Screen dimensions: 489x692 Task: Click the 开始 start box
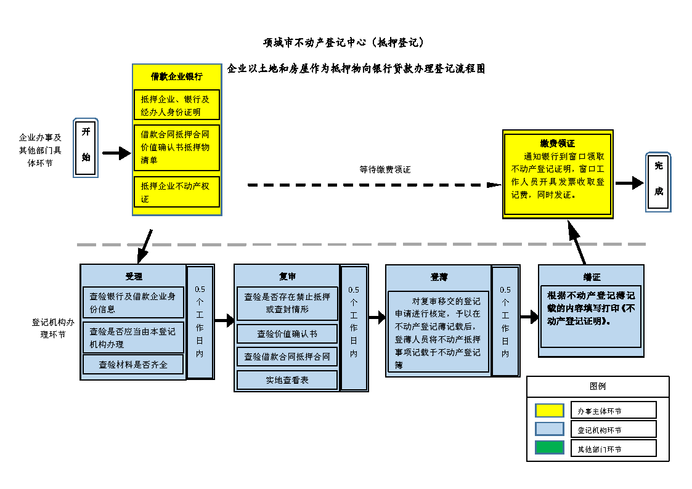pos(86,148)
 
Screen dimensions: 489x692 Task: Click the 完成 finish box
pos(658,182)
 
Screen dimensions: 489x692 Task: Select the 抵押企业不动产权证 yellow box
pos(177,192)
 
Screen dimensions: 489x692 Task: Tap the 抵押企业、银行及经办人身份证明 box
pos(177,105)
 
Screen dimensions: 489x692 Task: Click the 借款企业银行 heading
pos(177,77)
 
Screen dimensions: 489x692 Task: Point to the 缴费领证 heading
pos(558,143)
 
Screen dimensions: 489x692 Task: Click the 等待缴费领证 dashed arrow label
pos(385,169)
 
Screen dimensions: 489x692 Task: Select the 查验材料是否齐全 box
pos(133,364)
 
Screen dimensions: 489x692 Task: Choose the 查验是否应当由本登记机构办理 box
pos(133,337)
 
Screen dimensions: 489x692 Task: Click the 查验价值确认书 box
pos(287,334)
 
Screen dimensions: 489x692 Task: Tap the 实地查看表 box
pos(287,380)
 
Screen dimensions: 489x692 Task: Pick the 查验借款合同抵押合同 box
pos(287,357)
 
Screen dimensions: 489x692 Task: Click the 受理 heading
pos(134,277)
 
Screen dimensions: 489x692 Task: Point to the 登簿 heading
pos(439,277)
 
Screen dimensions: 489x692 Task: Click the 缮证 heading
pos(592,277)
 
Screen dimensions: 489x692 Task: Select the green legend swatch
pos(549,448)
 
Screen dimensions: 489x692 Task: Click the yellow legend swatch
pos(549,410)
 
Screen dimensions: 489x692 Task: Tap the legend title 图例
pos(598,386)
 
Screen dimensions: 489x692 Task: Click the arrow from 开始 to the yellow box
pos(116,153)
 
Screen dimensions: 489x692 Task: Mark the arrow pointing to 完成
pos(629,183)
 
